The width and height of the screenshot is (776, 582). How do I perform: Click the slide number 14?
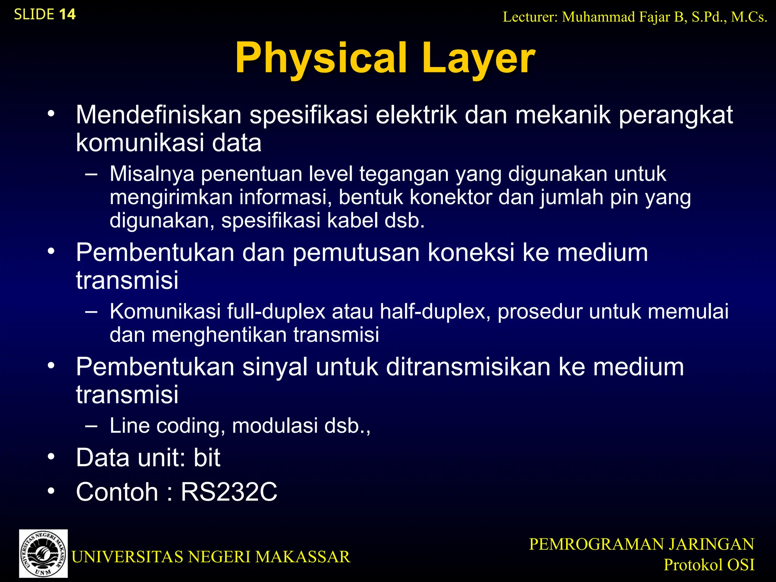pos(67,14)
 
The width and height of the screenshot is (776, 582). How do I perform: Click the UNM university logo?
pos(44,553)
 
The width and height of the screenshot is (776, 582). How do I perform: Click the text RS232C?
pos(229,492)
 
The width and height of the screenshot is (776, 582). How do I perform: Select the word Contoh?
pos(117,492)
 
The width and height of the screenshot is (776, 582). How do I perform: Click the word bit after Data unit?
pos(207,458)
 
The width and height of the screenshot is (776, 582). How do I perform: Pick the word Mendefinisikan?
pos(158,114)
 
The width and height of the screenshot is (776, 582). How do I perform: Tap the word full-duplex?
pos(276,311)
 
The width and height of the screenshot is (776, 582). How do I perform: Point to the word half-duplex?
pos(435,311)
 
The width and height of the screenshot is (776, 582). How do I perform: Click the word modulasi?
pos(275,426)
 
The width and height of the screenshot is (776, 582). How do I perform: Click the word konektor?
pos(451,197)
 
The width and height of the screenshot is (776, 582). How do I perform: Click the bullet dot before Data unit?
pos(51,456)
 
